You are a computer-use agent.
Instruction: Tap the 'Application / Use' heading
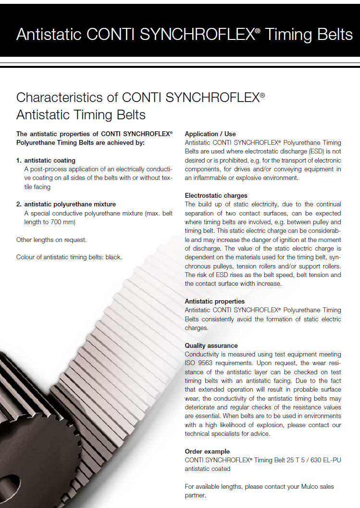[210, 134]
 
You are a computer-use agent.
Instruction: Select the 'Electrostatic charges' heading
[216, 195]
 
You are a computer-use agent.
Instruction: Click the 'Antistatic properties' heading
[214, 301]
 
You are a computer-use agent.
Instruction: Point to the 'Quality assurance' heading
[211, 345]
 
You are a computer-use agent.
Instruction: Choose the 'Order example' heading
[207, 451]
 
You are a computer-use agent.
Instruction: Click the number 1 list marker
[18, 160]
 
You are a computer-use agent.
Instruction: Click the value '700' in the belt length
[59, 222]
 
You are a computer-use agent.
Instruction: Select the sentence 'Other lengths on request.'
[51, 240]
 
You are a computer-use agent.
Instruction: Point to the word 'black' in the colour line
[113, 257]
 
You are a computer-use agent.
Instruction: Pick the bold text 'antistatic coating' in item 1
[50, 160]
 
